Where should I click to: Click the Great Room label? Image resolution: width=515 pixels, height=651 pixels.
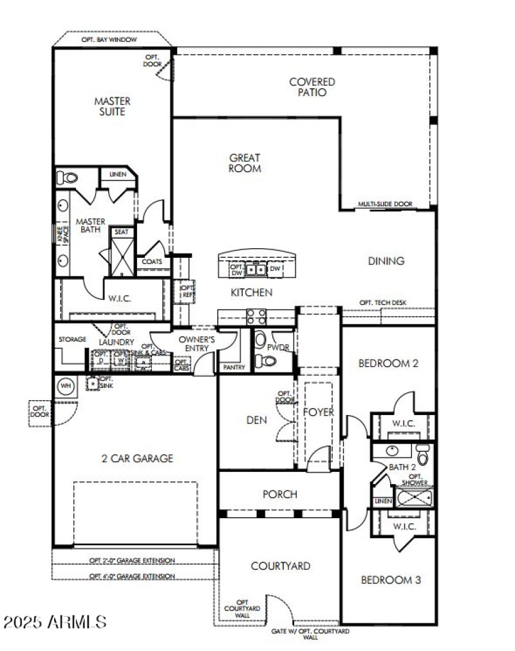[245, 163]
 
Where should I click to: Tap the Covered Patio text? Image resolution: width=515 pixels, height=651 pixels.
[312, 87]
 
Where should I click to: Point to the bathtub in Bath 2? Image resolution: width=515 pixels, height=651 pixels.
[415, 498]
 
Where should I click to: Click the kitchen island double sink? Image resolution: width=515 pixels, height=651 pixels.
[256, 268]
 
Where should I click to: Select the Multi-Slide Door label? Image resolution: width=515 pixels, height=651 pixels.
[385, 204]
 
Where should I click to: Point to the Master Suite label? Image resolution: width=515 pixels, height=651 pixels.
[112, 106]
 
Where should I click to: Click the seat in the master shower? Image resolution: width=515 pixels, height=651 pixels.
[121, 231]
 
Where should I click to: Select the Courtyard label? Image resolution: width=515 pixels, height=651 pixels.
[280, 566]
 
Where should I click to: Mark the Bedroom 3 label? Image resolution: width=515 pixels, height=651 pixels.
[391, 580]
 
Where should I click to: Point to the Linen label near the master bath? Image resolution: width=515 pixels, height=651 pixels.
[118, 174]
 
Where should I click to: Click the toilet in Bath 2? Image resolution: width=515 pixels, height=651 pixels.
[422, 456]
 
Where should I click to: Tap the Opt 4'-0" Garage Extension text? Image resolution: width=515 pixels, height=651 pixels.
[132, 576]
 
